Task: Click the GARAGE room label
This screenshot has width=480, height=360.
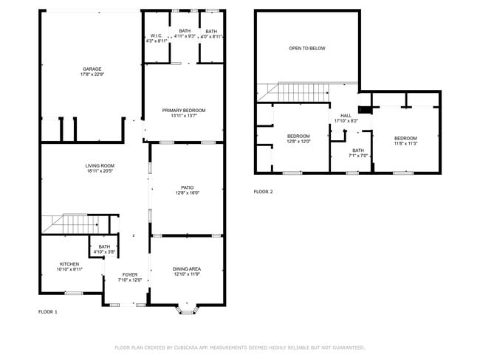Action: pyautogui.click(x=91, y=69)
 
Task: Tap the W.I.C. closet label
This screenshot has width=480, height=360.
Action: pyautogui.click(x=156, y=35)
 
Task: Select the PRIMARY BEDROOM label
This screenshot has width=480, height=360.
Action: pyautogui.click(x=184, y=110)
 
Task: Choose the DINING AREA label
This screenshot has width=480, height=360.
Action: pyautogui.click(x=187, y=269)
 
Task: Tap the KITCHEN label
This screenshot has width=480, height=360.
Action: pyautogui.click(x=69, y=263)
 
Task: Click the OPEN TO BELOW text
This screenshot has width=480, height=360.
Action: pyautogui.click(x=306, y=49)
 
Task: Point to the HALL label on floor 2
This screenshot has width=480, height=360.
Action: pyautogui.click(x=346, y=116)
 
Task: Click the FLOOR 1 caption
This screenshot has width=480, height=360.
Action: pyautogui.click(x=47, y=312)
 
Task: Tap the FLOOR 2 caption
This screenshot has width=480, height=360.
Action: pyautogui.click(x=263, y=192)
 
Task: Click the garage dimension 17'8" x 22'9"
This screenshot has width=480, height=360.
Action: pyautogui.click(x=92, y=75)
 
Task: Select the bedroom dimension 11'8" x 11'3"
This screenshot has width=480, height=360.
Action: pyautogui.click(x=405, y=144)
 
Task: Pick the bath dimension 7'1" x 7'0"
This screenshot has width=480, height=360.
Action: pyautogui.click(x=358, y=156)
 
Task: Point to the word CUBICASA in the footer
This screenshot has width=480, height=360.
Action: pyautogui.click(x=191, y=347)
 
